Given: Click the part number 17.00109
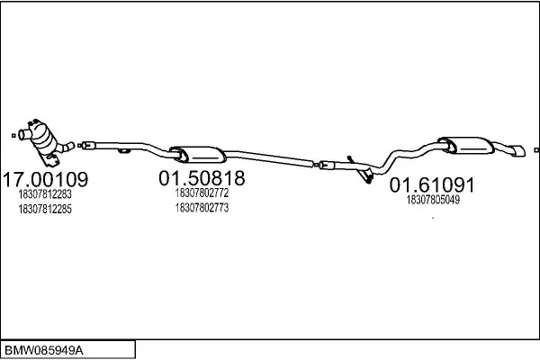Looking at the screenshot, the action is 45,179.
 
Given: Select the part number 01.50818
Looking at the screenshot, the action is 202,178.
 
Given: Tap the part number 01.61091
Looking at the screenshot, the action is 432,185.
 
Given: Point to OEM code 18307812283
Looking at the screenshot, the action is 45,194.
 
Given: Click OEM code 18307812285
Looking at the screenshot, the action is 45,209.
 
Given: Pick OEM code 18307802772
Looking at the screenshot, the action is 202,193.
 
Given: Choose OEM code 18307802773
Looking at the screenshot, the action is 202,208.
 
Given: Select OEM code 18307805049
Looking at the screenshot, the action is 433,200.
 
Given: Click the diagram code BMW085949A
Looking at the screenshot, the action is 44,351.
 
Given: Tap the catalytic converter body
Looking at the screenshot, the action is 43,137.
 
